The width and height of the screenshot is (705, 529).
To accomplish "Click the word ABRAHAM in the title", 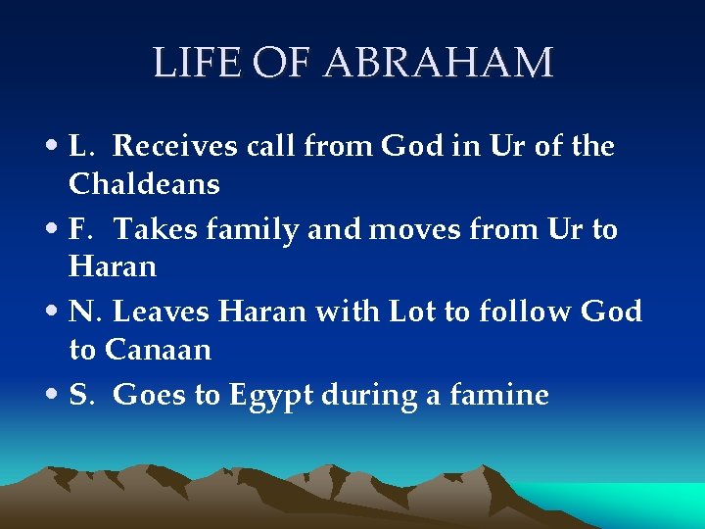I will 438,63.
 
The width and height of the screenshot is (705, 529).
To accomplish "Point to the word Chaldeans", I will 144,183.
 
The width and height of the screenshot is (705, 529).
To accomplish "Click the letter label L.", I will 80,147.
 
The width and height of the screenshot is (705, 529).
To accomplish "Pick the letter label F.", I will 79,229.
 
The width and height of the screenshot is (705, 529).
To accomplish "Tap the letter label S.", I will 78,395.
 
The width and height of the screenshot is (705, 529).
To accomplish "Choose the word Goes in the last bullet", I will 145,395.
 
